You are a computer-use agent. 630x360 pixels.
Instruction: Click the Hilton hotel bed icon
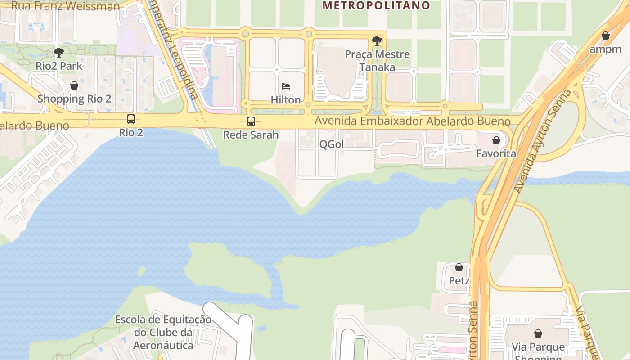(x=286, y=86)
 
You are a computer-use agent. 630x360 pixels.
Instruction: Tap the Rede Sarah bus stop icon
(x=251, y=121)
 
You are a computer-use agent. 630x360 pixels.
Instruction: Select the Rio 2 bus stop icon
(x=131, y=119)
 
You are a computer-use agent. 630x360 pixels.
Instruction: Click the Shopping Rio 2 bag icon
(x=74, y=85)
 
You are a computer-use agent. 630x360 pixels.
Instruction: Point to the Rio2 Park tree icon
(x=58, y=53)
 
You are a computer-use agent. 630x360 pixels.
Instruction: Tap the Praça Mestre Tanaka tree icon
(x=377, y=41)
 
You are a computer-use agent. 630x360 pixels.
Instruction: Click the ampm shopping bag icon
(x=606, y=36)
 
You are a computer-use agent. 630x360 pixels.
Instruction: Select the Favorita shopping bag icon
(x=496, y=140)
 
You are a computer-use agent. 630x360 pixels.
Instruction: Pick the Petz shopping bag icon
(x=459, y=267)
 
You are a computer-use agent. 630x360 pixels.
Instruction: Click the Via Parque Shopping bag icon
(x=538, y=333)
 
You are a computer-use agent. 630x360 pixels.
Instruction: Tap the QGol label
(x=332, y=144)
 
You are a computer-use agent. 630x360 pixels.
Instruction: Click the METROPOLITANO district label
(x=376, y=5)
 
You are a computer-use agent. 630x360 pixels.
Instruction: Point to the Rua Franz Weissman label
(x=66, y=6)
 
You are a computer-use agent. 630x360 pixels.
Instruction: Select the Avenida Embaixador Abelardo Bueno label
(x=413, y=121)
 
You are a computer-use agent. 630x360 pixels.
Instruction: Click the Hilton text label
(x=286, y=100)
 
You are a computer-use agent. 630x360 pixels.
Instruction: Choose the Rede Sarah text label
(x=251, y=135)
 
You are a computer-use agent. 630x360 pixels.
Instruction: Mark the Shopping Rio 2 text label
(x=74, y=99)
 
